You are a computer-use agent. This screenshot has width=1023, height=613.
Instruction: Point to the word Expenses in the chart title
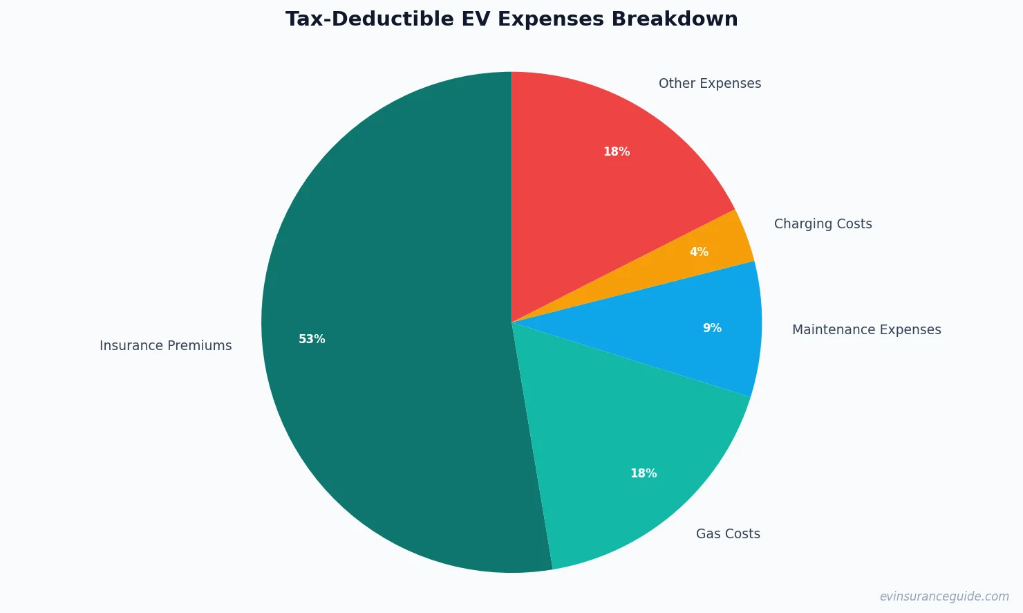tap(551, 19)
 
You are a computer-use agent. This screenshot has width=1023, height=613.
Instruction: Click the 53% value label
tap(312, 340)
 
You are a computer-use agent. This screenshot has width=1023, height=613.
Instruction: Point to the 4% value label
tap(699, 253)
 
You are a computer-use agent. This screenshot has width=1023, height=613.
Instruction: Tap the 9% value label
tap(712, 329)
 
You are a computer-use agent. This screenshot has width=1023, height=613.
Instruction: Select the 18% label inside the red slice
tap(617, 152)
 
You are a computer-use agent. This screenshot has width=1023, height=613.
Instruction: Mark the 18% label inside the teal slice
tap(644, 474)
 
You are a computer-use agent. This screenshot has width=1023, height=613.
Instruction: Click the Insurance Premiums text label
tap(166, 346)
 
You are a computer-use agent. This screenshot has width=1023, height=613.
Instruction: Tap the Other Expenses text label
tap(710, 84)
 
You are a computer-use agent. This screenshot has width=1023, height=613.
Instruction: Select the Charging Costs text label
tap(823, 224)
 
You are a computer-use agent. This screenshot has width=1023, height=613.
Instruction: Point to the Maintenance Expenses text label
tap(866, 330)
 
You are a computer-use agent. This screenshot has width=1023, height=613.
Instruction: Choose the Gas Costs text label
tap(728, 534)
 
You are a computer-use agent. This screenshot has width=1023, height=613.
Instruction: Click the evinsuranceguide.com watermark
tap(944, 596)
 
